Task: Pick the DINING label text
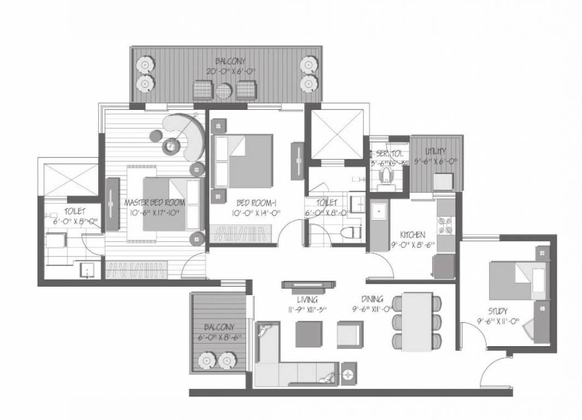pyautogui.click(x=372, y=299)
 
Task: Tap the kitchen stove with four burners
pyautogui.click(x=445, y=225)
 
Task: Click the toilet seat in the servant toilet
pyautogui.click(x=387, y=174)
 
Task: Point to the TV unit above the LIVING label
pyautogui.click(x=308, y=284)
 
